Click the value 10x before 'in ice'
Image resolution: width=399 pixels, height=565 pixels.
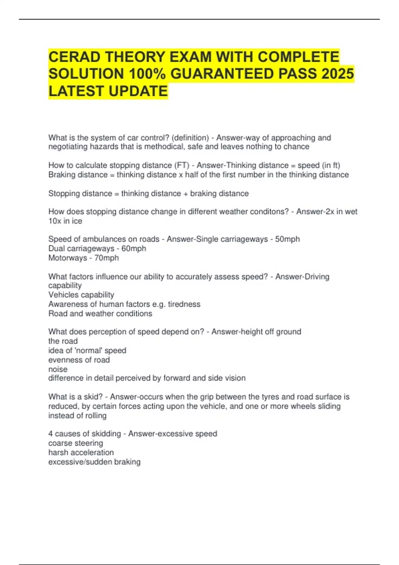[55, 221]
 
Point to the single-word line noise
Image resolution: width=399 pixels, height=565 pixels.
[58, 369]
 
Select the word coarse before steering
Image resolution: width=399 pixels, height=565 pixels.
[60, 443]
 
